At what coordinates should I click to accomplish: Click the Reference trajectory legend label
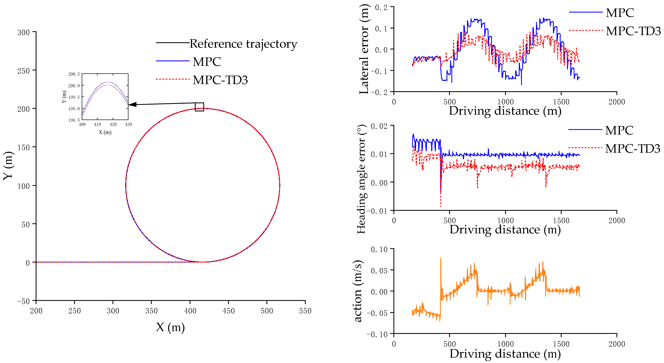(x=243, y=44)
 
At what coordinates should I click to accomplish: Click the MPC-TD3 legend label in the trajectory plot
(x=220, y=80)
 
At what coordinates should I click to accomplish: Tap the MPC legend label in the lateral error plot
(x=620, y=13)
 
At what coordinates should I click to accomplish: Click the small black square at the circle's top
(x=199, y=107)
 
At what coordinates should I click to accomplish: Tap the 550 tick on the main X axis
(x=305, y=311)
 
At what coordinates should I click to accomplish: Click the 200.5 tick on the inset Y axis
(x=74, y=74)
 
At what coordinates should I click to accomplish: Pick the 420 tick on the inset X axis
(x=113, y=125)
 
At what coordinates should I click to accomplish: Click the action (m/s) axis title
(x=358, y=291)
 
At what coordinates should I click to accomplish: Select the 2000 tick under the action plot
(x=617, y=344)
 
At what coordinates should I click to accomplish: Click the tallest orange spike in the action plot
(x=440, y=259)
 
